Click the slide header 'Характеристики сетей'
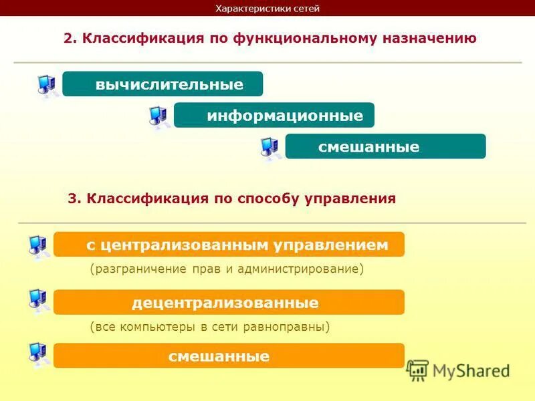[x=267, y=9]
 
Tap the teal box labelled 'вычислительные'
[x=163, y=84]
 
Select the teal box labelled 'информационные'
[x=274, y=116]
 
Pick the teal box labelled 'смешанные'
[x=385, y=146]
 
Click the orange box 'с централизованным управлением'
[x=229, y=245]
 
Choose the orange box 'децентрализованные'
[x=229, y=303]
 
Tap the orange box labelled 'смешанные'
[x=229, y=356]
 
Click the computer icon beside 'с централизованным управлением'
[x=39, y=247]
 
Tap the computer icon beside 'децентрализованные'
[x=39, y=300]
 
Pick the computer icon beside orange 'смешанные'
[x=39, y=354]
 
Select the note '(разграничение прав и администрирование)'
[x=227, y=269]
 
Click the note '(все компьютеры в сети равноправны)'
[x=210, y=327]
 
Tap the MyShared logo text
[x=471, y=370]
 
